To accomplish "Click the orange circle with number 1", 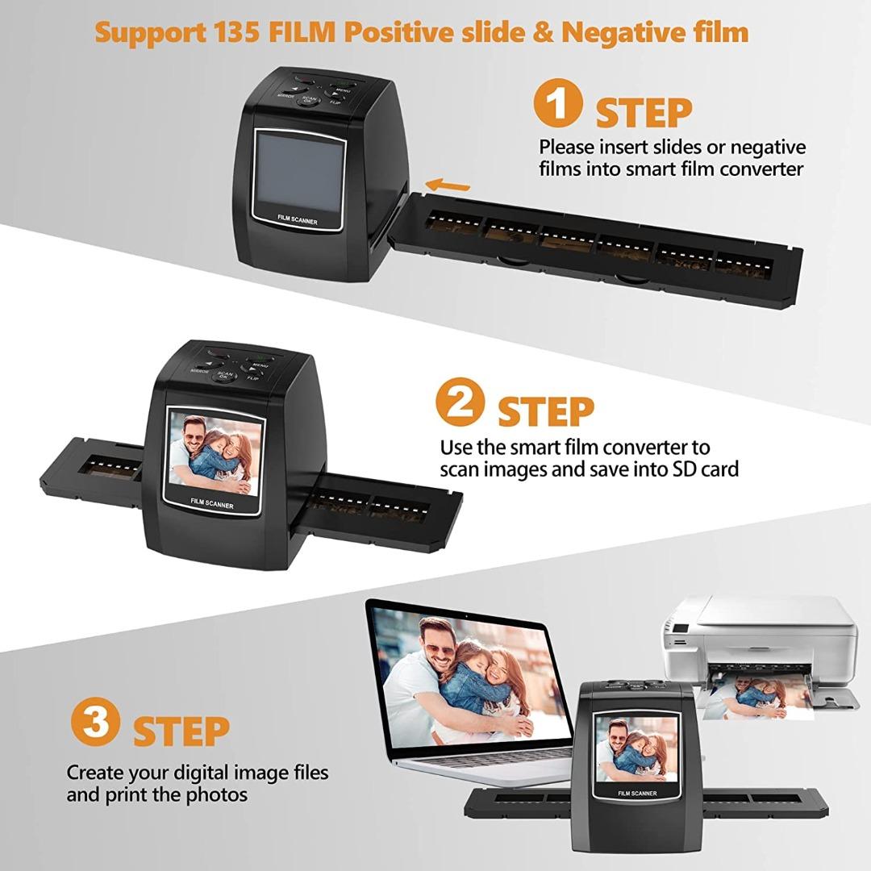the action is pyautogui.click(x=558, y=104).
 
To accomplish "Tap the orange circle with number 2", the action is pyautogui.click(x=460, y=402).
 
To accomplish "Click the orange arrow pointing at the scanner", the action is pyautogui.click(x=447, y=185).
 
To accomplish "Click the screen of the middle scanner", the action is pyautogui.click(x=214, y=455).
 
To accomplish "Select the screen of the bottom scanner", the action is pyautogui.click(x=636, y=748).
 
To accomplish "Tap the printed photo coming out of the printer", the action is pyautogui.click(x=754, y=697).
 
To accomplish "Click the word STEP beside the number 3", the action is pyautogui.click(x=181, y=731).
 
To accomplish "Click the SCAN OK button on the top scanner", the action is pyautogui.click(x=308, y=101).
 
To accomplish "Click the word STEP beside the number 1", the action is pyautogui.click(x=644, y=114).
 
